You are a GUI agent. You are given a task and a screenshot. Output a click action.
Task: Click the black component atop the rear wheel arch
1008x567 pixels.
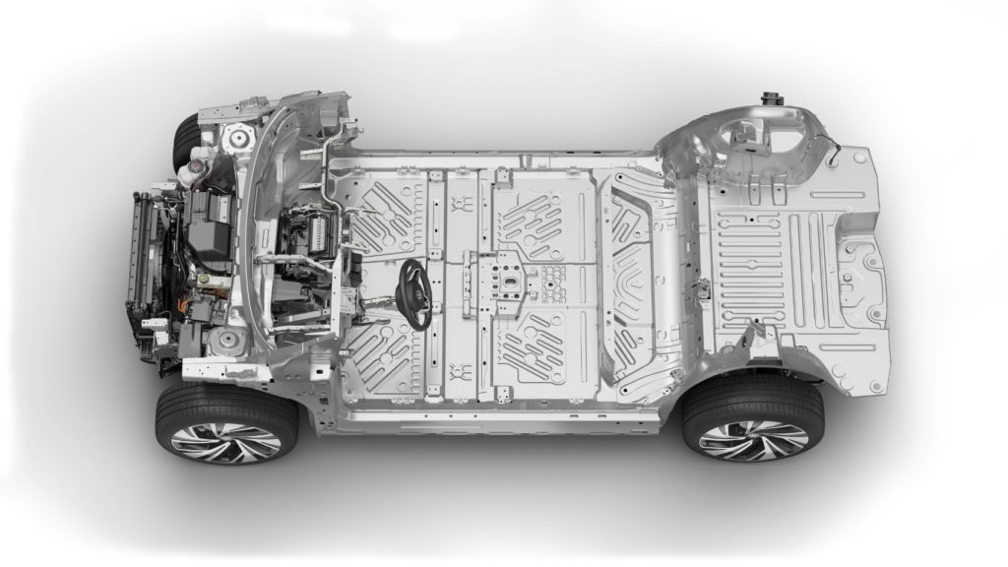click(768, 100)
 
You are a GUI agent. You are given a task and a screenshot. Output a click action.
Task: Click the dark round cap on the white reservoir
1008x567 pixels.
click(193, 172)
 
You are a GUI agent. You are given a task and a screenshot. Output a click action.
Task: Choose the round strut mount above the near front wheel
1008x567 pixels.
click(228, 342)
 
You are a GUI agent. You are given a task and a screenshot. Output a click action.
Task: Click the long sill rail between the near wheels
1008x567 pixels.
click(492, 418)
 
